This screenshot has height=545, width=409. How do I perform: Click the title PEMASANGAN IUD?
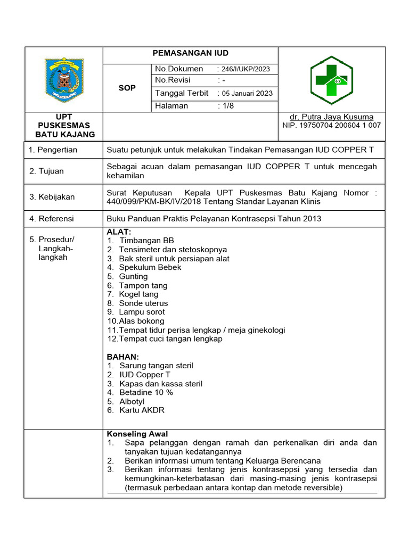(x=190, y=53)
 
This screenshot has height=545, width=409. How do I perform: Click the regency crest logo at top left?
(x=64, y=80)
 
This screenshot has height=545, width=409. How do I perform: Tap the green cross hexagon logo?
(x=331, y=80)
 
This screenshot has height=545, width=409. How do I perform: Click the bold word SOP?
(x=127, y=88)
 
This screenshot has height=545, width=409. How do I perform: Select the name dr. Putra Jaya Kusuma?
(x=331, y=117)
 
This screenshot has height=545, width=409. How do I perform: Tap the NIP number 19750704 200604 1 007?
(x=331, y=126)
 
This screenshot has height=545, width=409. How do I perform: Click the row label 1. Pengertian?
(x=53, y=150)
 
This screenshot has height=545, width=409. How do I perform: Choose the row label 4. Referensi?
(x=52, y=219)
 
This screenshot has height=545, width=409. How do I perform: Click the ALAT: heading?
(x=118, y=232)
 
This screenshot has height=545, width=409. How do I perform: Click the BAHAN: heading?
(x=122, y=357)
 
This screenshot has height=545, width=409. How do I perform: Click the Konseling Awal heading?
(x=137, y=434)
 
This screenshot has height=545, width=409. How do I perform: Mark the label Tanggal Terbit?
(x=181, y=93)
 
